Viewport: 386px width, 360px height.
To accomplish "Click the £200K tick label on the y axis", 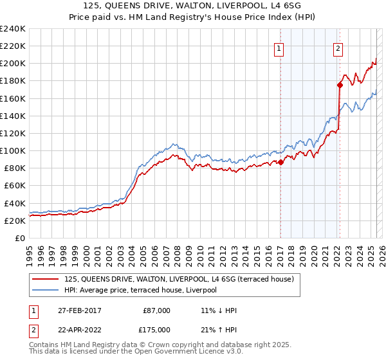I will tap(12, 64).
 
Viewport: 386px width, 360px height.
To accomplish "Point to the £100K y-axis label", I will tap(12, 150).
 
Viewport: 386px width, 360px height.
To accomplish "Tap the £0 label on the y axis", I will tap(19, 238).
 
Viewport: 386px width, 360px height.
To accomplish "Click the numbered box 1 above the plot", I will tap(280, 47).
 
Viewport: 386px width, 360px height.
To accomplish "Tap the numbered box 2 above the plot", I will tap(338, 47).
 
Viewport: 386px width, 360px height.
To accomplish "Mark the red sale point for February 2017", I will tap(280, 162).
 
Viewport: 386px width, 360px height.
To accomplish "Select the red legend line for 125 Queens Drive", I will tap(47, 279).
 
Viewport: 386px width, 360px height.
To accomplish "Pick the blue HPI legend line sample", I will tap(47, 291).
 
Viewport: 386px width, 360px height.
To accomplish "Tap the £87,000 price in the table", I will tap(156, 310).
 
